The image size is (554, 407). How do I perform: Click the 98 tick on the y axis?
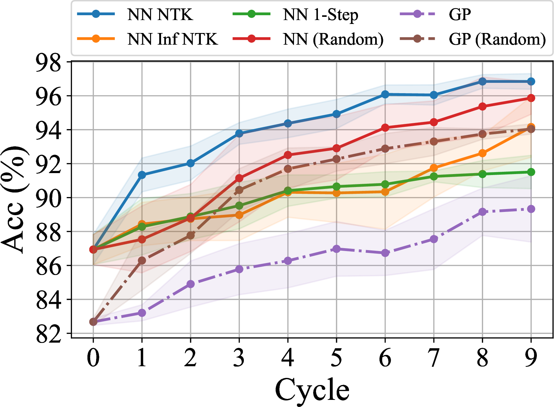coord(49,62)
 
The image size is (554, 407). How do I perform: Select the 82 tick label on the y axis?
coord(49,334)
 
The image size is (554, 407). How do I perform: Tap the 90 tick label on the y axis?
coord(49,198)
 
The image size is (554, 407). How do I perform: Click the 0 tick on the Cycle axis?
coord(93,358)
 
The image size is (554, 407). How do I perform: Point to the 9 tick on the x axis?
coord(531,358)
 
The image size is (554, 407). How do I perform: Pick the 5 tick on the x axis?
coord(336,358)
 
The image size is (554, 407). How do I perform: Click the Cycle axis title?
coord(312,390)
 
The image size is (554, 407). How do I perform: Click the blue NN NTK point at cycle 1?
coord(142,175)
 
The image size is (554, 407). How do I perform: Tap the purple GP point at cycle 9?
coord(531,209)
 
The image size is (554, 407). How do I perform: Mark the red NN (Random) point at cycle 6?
coord(385,128)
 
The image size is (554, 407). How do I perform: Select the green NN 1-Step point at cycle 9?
coord(531,172)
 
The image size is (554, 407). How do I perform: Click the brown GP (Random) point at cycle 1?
coord(142,260)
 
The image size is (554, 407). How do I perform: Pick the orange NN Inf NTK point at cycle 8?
coord(482,153)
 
